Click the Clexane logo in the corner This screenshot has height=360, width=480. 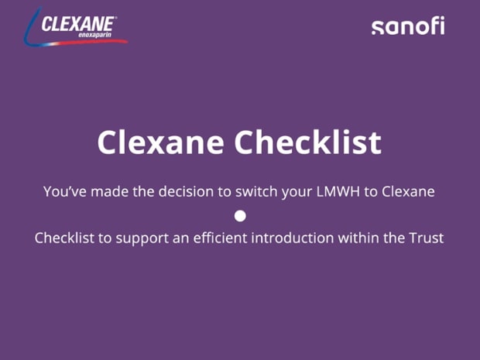(76, 28)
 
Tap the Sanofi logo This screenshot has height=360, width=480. (408, 26)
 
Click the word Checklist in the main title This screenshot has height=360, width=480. (307, 142)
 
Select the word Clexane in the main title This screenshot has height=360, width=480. (161, 142)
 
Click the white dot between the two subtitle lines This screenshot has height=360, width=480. (240, 216)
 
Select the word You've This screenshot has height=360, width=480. (65, 192)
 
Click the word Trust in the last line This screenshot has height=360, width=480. (427, 238)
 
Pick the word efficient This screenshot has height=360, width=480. (220, 238)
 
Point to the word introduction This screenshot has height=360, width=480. (293, 238)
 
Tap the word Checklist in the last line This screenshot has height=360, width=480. (64, 238)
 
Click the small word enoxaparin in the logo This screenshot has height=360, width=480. (95, 35)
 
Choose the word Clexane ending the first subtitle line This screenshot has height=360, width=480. (408, 192)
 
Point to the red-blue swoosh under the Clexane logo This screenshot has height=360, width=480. (77, 43)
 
